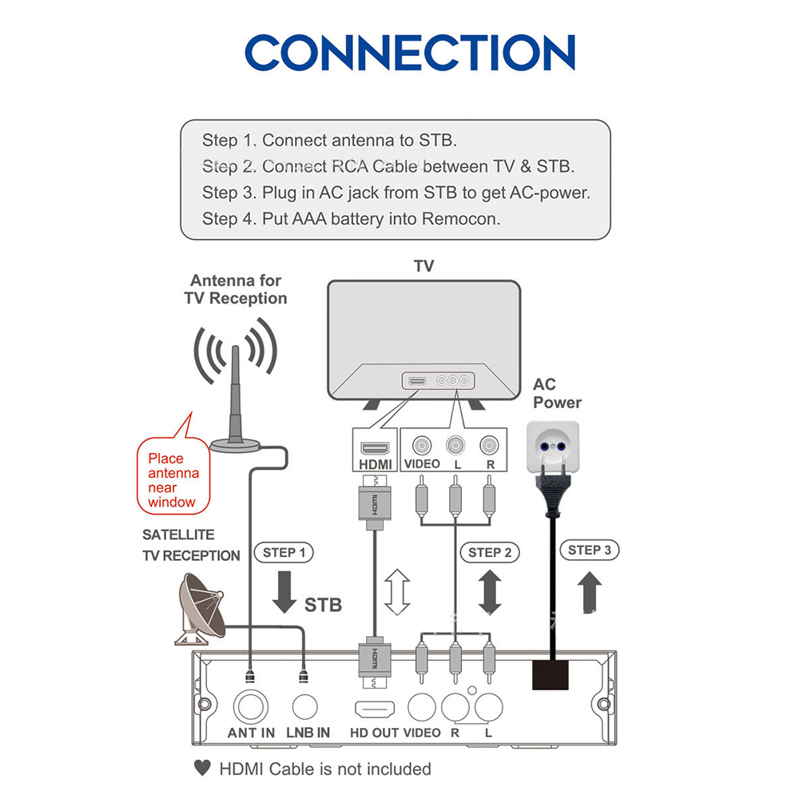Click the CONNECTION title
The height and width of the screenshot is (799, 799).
409,54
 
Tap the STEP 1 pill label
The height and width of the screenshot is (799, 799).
284,552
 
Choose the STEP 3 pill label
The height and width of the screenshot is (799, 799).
590,550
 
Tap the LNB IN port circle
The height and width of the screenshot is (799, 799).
305,706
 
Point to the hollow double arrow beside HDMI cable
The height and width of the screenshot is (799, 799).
397,592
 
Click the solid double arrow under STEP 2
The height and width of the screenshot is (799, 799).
490,592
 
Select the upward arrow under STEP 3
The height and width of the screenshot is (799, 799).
590,592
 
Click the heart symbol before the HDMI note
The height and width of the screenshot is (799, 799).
202,769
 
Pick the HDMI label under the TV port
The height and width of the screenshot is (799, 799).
375,463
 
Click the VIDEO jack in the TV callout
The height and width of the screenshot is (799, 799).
422,445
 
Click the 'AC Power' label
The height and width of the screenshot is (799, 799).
557,394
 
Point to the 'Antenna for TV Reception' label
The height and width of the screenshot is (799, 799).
236,289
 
